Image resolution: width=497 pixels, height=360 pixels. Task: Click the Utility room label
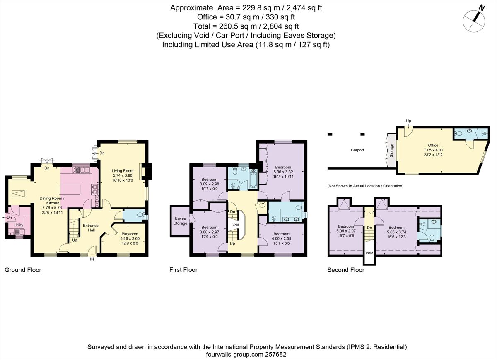(x=19, y=225)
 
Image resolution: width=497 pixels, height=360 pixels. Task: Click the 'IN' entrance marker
(x=92, y=260)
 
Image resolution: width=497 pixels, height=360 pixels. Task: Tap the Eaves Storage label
(x=180, y=221)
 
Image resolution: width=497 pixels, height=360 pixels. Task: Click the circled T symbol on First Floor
(x=263, y=205)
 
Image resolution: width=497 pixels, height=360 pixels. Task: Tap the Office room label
(x=433, y=146)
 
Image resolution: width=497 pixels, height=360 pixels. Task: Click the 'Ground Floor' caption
(x=23, y=270)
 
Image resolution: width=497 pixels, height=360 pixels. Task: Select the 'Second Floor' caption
(x=346, y=270)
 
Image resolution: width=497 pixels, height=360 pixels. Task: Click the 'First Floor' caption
(x=183, y=270)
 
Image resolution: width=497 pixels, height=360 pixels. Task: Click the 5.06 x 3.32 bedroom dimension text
(x=283, y=172)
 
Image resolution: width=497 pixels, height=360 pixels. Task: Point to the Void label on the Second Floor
(x=369, y=253)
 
